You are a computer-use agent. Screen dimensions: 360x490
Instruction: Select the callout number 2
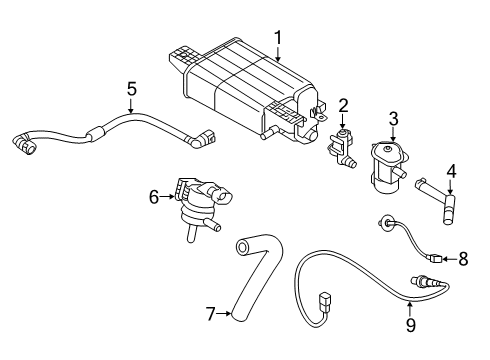pos(342,105)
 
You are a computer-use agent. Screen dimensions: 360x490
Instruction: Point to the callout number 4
pos(450,171)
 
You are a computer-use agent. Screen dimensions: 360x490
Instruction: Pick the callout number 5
pos(131,89)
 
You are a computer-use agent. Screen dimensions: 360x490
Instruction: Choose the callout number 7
pos(210,314)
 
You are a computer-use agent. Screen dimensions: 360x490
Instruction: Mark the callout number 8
pos(462,259)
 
